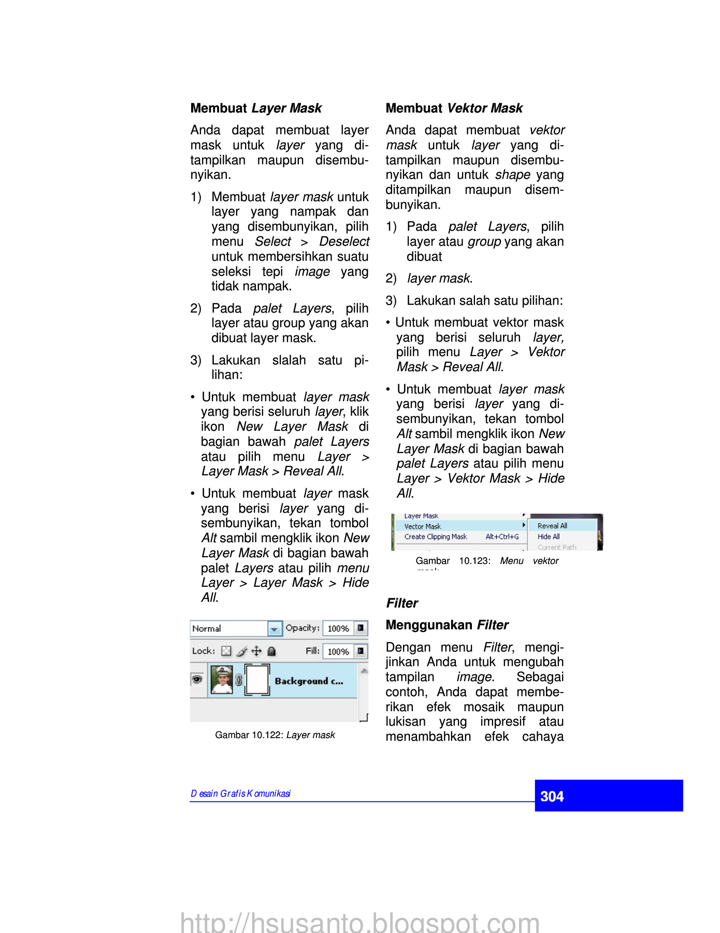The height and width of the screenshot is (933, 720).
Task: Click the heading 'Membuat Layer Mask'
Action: (x=256, y=108)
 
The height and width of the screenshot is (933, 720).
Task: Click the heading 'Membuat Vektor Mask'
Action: (x=454, y=108)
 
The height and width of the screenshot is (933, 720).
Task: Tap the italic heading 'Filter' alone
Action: (x=402, y=603)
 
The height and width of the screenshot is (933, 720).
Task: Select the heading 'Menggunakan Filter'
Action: (x=447, y=625)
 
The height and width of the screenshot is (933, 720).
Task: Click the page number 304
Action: (x=552, y=797)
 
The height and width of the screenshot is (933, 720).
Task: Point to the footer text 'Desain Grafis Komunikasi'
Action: (x=241, y=794)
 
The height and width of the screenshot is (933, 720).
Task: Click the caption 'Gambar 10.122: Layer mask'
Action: (x=275, y=735)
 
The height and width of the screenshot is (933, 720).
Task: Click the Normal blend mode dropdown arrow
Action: (x=275, y=629)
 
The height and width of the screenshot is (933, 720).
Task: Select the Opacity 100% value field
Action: (x=338, y=629)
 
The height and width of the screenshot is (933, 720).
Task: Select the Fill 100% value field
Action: (x=338, y=652)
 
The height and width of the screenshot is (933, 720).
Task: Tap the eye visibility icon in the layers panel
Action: (x=197, y=680)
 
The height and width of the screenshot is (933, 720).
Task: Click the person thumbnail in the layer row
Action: (x=222, y=680)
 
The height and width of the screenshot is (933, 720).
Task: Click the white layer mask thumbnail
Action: (x=257, y=680)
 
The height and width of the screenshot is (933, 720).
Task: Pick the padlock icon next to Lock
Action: (x=271, y=652)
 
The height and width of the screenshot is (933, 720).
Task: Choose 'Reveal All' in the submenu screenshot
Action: (x=552, y=526)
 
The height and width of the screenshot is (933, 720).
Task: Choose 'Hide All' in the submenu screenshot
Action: (x=549, y=536)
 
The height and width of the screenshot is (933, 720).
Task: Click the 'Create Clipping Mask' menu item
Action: (x=436, y=537)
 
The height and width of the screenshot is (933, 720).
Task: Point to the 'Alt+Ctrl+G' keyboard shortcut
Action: (x=502, y=537)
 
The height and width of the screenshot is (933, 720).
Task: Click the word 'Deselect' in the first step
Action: (x=344, y=242)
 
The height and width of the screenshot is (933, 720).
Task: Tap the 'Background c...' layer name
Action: (x=309, y=681)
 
